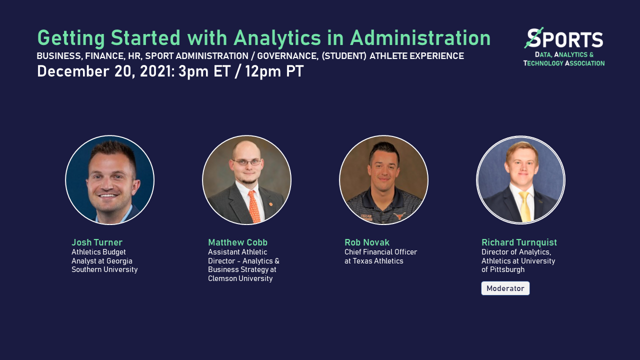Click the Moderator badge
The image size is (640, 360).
pyautogui.click(x=505, y=288)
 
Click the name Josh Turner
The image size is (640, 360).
pyautogui.click(x=97, y=242)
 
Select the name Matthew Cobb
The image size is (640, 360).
pyautogui.click(x=238, y=242)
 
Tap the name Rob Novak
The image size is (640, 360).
pyautogui.click(x=367, y=242)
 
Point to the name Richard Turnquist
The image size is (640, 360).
pyautogui.click(x=519, y=242)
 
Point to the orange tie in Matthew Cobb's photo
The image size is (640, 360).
pyautogui.click(x=254, y=206)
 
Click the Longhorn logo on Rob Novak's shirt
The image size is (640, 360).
pyautogui.click(x=398, y=216)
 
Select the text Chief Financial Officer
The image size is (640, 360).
pyautogui.click(x=380, y=252)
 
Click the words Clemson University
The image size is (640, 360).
pyautogui.click(x=240, y=278)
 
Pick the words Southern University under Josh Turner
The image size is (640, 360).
pyautogui.click(x=104, y=269)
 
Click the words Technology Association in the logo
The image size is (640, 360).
pyautogui.click(x=564, y=63)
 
